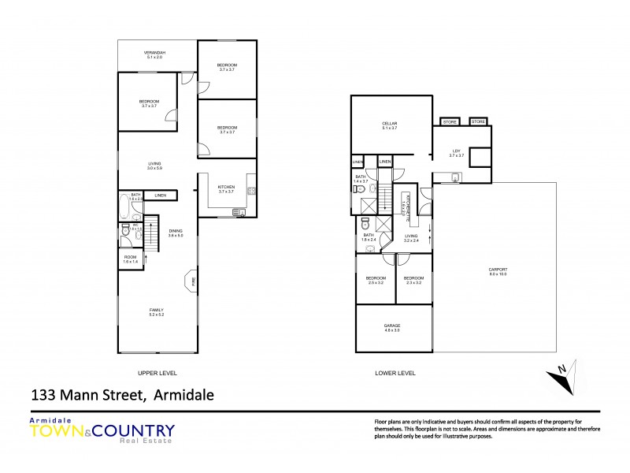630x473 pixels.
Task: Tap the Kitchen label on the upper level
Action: click(x=227, y=186)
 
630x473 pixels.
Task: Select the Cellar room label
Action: click(x=389, y=124)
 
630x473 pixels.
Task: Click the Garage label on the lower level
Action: click(x=391, y=325)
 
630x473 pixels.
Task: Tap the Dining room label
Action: click(x=176, y=230)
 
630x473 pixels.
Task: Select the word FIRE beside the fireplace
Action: click(x=194, y=281)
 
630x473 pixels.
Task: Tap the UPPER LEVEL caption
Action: click(x=157, y=373)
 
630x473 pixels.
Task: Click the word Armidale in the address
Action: click(x=182, y=395)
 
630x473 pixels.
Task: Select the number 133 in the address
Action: click(x=43, y=395)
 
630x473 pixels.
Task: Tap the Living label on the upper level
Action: click(x=154, y=163)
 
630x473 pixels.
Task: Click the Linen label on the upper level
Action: click(x=160, y=196)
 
